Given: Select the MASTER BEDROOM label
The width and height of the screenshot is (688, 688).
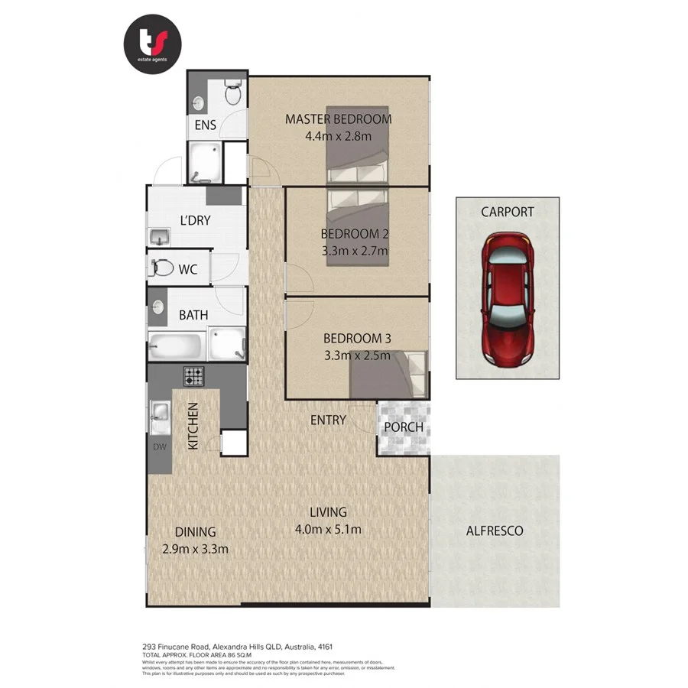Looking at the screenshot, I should (x=338, y=119).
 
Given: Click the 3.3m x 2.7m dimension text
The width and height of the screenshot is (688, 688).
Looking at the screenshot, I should (x=355, y=251).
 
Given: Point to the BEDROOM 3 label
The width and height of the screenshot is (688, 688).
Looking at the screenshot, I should (x=356, y=338).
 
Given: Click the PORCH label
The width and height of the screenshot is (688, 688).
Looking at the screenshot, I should (x=403, y=427).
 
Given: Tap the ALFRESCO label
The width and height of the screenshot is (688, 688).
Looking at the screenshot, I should (x=495, y=531).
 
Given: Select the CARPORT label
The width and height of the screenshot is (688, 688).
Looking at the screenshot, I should (x=507, y=212).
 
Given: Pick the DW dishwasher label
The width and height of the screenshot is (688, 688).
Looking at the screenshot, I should (x=159, y=447).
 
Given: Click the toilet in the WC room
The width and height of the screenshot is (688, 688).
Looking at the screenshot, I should (x=161, y=268).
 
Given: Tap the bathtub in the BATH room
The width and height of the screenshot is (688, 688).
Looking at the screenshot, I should (x=176, y=346).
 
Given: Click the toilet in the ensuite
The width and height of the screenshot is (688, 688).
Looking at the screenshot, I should (x=233, y=93).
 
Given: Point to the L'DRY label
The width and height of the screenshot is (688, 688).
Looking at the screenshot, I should (x=195, y=221).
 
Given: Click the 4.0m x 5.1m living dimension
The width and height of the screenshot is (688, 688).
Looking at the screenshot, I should (x=328, y=529).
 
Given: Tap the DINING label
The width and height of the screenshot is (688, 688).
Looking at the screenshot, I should (x=195, y=532).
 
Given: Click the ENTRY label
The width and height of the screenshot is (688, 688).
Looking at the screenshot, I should (x=328, y=420).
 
